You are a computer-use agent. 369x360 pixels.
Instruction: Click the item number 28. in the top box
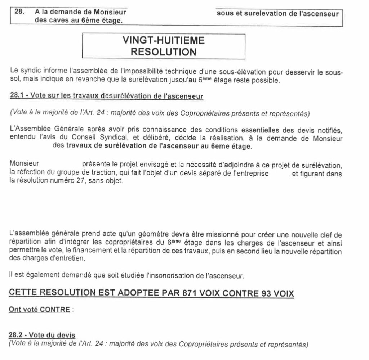19,12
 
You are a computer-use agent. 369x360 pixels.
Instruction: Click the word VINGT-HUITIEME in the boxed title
164,40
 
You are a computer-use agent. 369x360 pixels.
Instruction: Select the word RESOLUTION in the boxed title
164,51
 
